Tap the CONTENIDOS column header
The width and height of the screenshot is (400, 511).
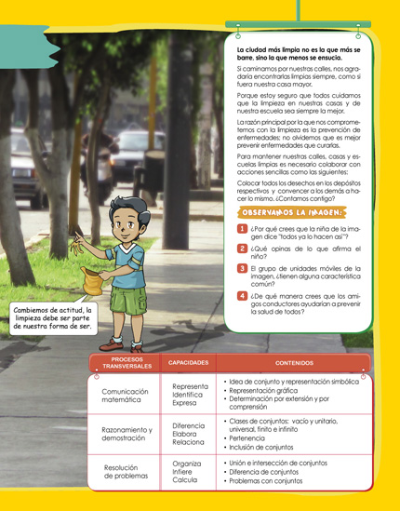click(x=294, y=362)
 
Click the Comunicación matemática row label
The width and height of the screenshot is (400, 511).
click(x=125, y=398)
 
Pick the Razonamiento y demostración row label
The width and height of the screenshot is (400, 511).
click(x=125, y=434)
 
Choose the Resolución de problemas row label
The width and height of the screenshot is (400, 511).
click(x=125, y=470)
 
